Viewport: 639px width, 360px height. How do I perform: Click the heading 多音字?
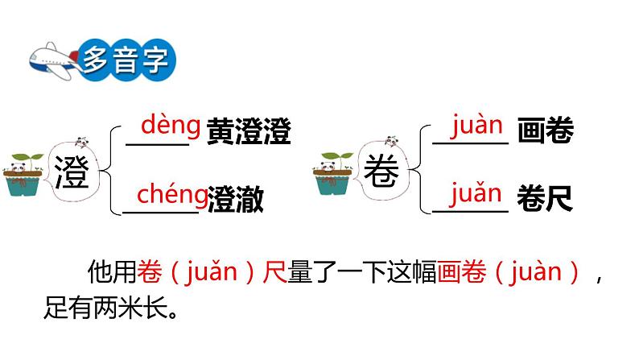[126, 60]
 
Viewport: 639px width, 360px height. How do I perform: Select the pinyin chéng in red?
[171, 194]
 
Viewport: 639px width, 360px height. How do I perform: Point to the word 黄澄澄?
[247, 130]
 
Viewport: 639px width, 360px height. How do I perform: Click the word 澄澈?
[235, 199]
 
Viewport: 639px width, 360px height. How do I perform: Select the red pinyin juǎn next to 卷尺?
[476, 194]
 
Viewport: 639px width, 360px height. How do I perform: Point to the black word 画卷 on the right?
[545, 130]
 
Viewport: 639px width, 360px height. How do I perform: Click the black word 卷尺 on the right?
[545, 199]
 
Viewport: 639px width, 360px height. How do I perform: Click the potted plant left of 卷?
[332, 173]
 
